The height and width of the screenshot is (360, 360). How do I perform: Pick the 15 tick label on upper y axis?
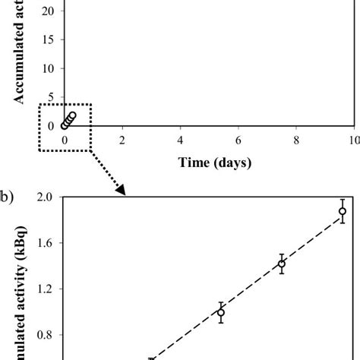48,40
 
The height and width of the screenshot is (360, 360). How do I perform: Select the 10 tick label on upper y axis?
48,68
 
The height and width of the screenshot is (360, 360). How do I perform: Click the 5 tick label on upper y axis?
50,97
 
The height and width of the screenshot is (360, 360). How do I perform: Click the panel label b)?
5,197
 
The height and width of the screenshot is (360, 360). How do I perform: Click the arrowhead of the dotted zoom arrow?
121,191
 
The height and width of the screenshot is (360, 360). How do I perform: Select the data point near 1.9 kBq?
343,211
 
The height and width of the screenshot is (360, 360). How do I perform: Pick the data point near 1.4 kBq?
282,264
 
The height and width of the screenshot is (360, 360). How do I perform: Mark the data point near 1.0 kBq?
221,312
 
